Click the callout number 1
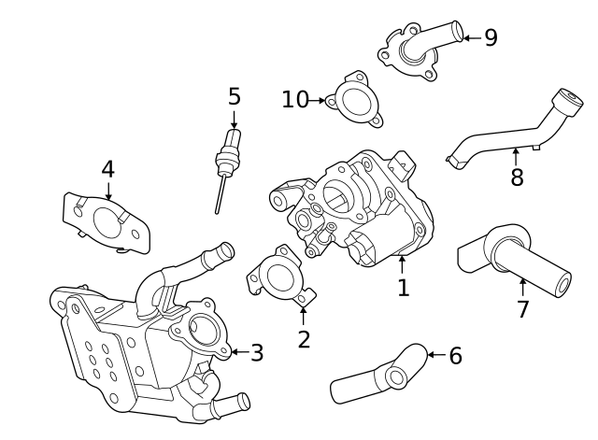point(403,288)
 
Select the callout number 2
point(304,339)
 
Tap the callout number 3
point(257,353)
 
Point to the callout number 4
point(107,169)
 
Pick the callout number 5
point(234,96)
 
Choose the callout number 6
point(455,356)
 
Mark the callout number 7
point(522,309)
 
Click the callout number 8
point(517,177)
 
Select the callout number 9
point(491,37)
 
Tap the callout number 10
point(295,99)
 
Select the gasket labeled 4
point(107,222)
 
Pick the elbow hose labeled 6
point(378,375)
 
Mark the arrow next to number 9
point(471,38)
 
